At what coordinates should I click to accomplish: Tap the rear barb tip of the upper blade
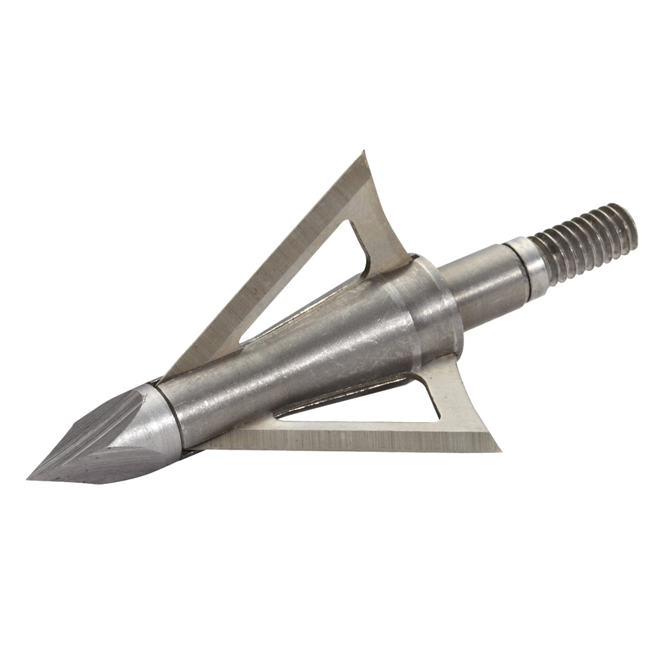click(x=364, y=153)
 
